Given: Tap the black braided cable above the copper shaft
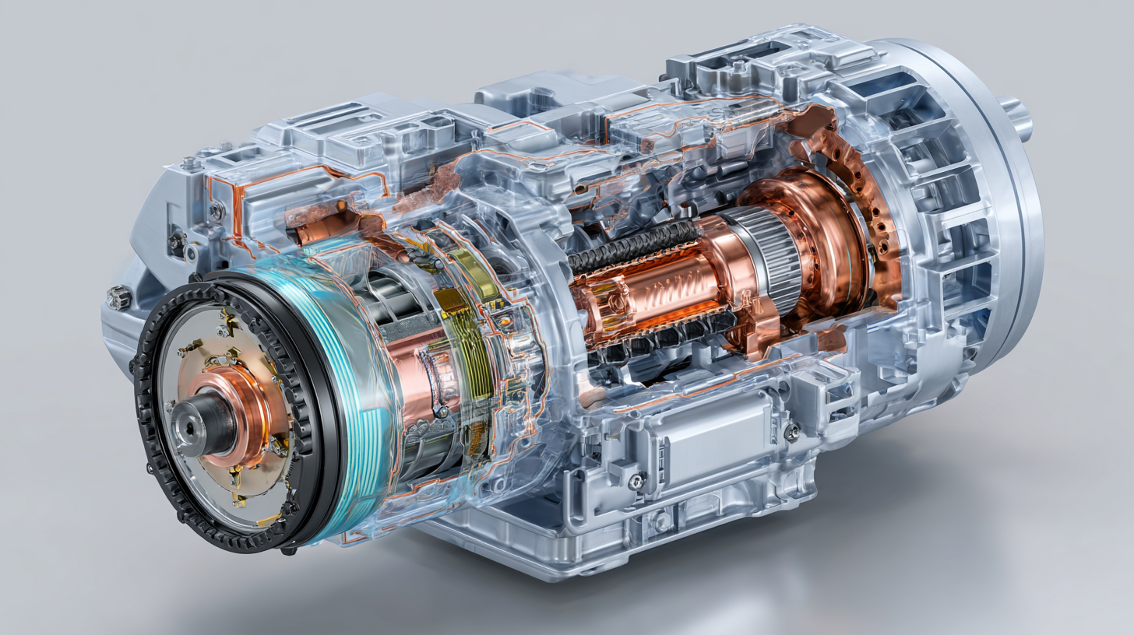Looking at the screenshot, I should pos(631,241).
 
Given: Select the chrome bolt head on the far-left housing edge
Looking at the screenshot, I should pos(118,296).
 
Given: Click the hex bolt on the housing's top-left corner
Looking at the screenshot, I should pos(190,163).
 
